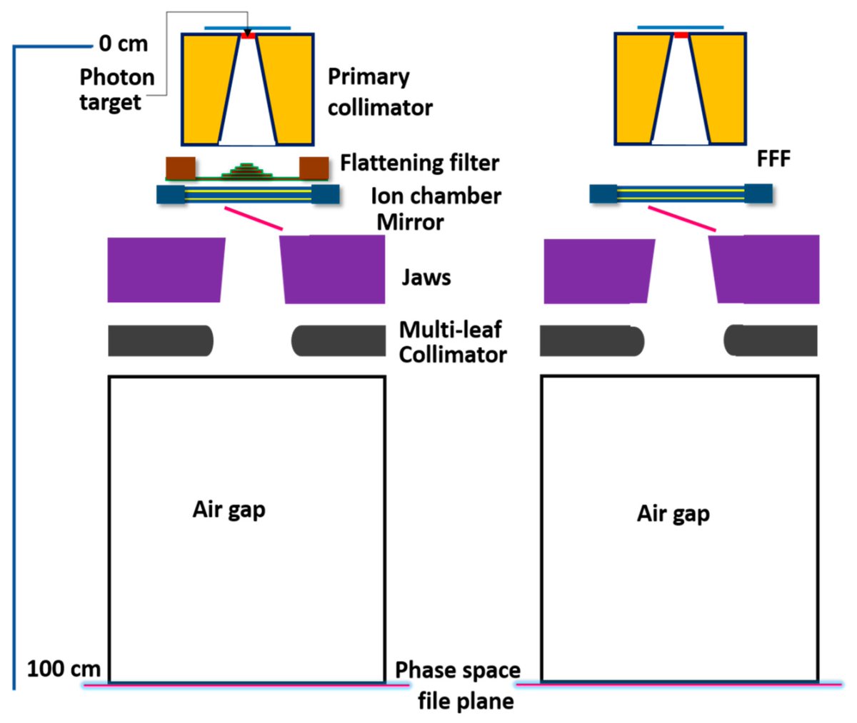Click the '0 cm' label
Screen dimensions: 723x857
(123, 44)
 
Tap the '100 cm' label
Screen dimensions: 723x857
(64, 669)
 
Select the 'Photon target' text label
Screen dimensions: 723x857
(116, 89)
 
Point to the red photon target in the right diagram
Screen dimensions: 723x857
(681, 34)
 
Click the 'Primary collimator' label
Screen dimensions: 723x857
(379, 92)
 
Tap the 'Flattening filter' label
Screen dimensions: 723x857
(419, 163)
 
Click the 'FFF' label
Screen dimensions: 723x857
(773, 158)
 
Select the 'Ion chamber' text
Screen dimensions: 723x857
(436, 196)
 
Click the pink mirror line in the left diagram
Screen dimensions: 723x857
(254, 218)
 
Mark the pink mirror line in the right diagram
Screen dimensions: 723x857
(681, 218)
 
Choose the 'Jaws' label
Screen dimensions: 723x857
(426, 277)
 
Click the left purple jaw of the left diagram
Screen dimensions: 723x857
(166, 270)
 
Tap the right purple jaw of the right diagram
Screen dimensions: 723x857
(765, 269)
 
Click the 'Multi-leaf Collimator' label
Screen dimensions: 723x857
(453, 342)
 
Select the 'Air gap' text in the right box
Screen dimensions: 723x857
(673, 513)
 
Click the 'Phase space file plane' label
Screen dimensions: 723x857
(458, 685)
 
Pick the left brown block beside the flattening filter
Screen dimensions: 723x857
(181, 168)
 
